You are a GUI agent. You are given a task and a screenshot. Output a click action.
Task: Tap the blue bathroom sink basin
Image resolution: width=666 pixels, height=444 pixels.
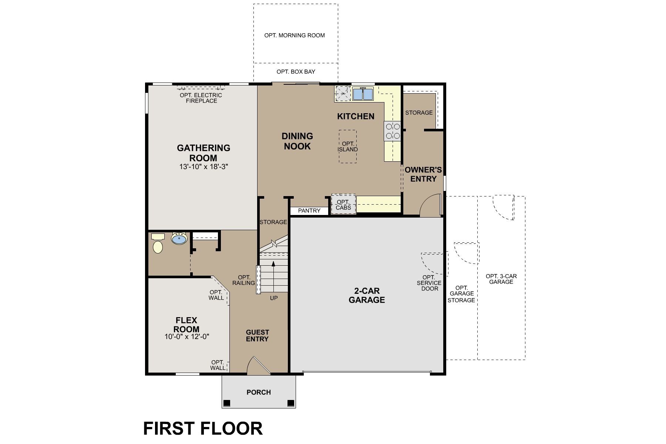click(x=179, y=239)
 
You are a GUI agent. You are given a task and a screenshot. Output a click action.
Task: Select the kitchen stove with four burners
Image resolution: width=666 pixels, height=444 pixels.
click(x=393, y=131)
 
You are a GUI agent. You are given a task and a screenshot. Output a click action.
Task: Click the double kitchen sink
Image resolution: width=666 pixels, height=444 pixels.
click(x=363, y=94)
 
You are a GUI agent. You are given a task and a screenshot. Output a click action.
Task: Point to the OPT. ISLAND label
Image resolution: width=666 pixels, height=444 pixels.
click(x=348, y=147)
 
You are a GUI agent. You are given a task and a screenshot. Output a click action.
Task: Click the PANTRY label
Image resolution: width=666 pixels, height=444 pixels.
click(x=309, y=211)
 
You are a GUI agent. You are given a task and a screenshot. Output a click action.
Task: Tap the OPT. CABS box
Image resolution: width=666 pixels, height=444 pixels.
click(x=343, y=205)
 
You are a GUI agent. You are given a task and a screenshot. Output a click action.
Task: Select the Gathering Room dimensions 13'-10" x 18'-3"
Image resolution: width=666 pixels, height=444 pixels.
click(x=203, y=167)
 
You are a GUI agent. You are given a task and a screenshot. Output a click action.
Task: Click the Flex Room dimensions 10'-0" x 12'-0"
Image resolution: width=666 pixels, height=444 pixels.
click(x=187, y=337)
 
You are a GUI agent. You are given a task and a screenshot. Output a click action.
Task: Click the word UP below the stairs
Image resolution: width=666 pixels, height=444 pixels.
click(x=274, y=298)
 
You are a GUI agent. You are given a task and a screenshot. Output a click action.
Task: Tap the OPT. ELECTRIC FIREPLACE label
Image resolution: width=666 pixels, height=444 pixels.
click(x=201, y=98)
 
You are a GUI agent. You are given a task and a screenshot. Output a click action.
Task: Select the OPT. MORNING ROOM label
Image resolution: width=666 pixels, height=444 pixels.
click(x=295, y=36)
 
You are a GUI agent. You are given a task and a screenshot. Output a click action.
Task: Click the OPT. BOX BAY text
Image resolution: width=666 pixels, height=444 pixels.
click(x=296, y=72)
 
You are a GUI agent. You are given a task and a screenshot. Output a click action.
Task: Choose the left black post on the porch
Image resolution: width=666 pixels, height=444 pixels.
click(x=227, y=403)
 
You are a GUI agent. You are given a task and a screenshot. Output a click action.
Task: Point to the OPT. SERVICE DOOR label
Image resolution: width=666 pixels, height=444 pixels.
click(x=429, y=283)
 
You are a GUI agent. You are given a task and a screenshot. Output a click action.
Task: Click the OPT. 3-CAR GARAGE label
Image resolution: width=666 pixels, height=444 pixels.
click(x=501, y=279)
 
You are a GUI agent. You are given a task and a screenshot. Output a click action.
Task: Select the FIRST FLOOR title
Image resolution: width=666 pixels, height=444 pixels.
click(x=203, y=428)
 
